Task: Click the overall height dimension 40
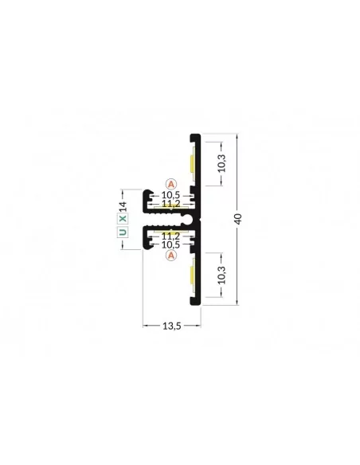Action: click(239, 219)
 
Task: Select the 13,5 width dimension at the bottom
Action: click(172, 326)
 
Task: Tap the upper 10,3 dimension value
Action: click(221, 163)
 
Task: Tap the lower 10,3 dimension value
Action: click(221, 275)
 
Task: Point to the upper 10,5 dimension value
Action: click(170, 195)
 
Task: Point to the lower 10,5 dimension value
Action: click(170, 244)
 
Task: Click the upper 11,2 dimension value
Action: click(170, 204)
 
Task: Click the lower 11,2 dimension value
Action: click(170, 236)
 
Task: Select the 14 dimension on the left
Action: click(123, 206)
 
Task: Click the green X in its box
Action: click(123, 219)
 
